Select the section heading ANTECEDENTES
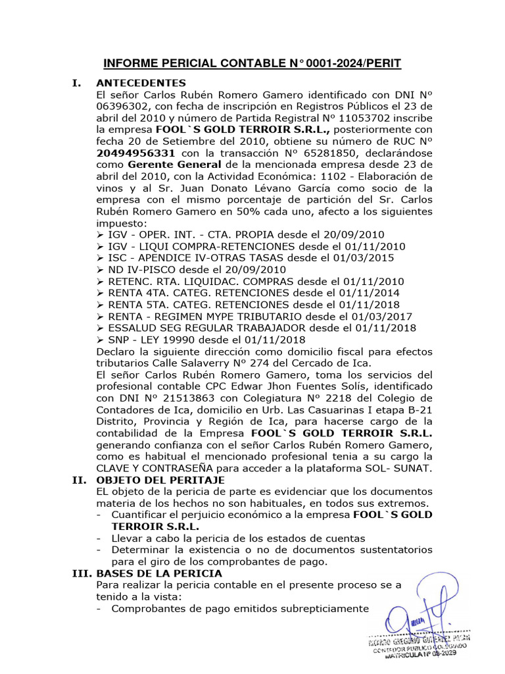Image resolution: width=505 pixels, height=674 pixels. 141,83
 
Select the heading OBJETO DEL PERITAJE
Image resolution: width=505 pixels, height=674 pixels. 160,480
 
